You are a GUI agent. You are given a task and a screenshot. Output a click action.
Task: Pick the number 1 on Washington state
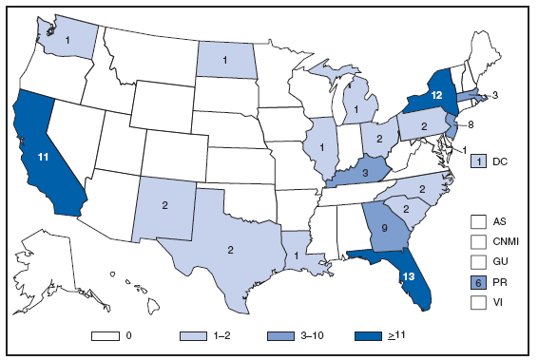pyautogui.click(x=69, y=41)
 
